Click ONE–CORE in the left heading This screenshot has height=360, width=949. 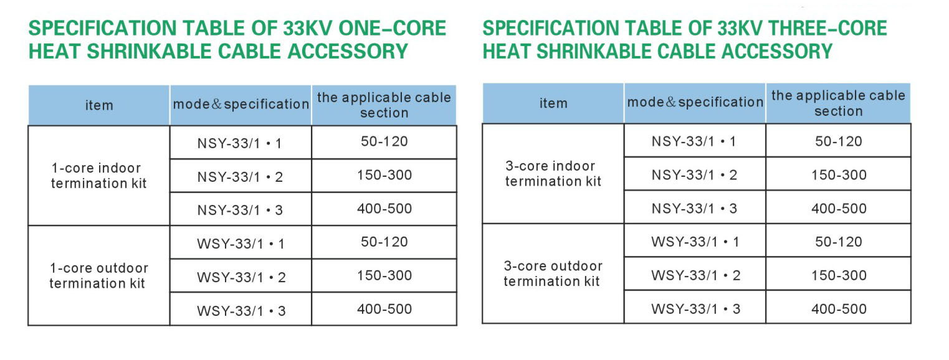pos(393,29)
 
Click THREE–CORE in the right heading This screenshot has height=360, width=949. pos(828,29)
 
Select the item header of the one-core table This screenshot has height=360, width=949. pos(99,105)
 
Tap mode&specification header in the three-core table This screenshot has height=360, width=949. pos(695,103)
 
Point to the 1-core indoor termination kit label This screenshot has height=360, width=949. pos(98,176)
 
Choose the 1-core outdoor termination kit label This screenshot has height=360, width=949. pos(98,275)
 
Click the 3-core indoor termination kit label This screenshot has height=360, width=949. pos(553,174)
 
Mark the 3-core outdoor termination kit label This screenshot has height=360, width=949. pos(553,273)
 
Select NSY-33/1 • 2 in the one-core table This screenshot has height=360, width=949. pos(241,177)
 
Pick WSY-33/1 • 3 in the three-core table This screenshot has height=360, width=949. pos(695,309)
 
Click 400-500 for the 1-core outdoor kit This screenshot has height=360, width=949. pos(384,309)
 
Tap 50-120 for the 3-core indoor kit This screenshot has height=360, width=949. pos(839,141)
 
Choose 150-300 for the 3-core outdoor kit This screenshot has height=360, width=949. pos(839,275)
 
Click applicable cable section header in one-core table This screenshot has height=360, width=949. pos(384,105)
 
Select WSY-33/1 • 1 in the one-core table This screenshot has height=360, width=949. pos(241,244)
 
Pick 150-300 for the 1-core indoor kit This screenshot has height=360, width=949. pos(384,175)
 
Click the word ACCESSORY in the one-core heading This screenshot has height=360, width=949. pos(348,51)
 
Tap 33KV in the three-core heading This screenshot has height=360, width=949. pos(740,29)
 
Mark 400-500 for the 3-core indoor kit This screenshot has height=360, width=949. pos(839,209)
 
